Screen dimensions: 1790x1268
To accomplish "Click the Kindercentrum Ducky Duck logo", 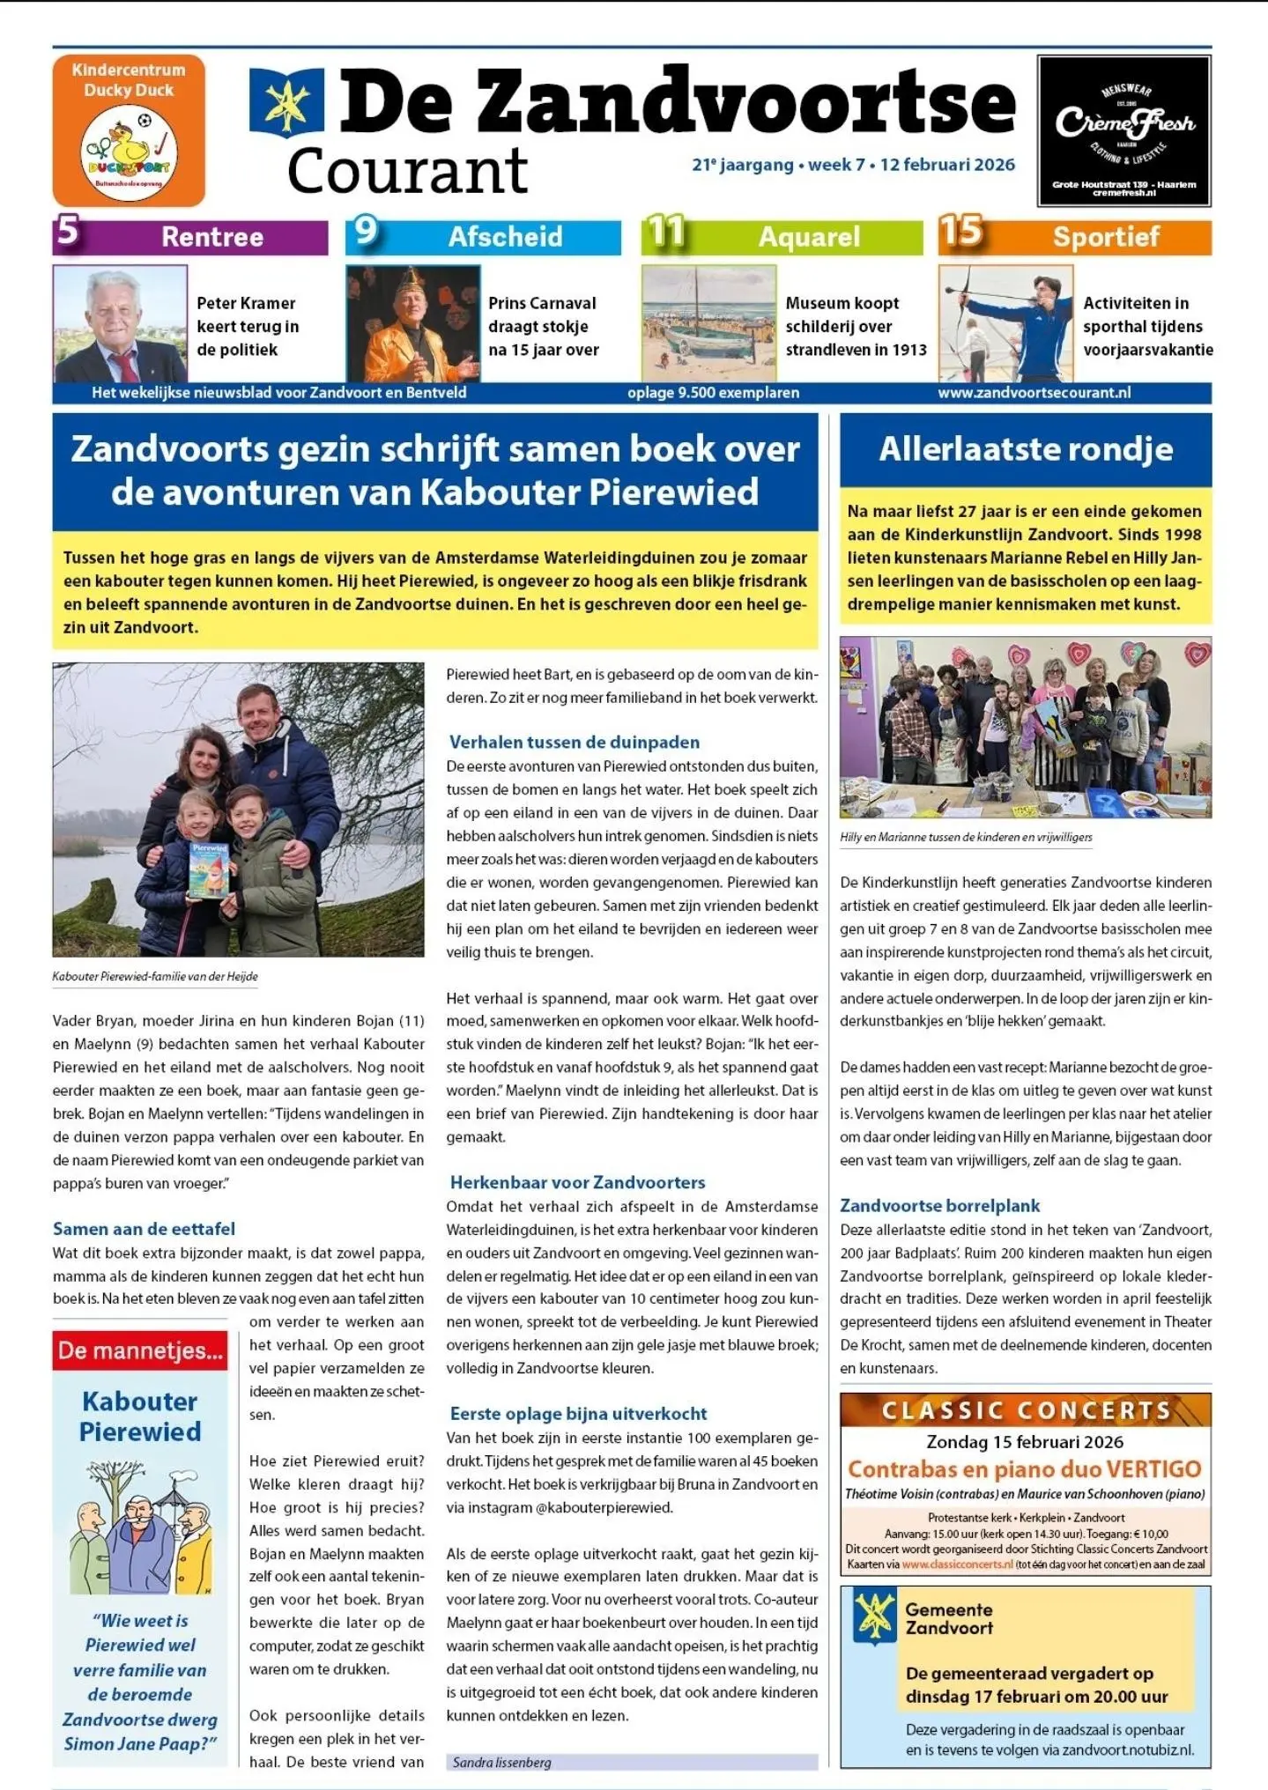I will (129, 130).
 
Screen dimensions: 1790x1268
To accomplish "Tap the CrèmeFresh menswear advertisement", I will (1124, 130).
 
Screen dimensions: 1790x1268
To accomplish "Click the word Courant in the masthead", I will (407, 171).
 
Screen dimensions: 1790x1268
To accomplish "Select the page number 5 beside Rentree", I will (68, 233).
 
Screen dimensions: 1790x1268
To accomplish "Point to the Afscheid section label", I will (505, 237).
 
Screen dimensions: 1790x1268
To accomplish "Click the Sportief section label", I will (1106, 237).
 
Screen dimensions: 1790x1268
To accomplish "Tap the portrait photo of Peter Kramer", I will (120, 323).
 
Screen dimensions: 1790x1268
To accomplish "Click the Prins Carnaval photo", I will (412, 323).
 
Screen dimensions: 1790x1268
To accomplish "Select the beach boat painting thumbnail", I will (708, 323).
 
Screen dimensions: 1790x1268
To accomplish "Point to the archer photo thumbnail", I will (1005, 323).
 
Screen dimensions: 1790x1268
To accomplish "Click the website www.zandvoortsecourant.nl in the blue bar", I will (1034, 393).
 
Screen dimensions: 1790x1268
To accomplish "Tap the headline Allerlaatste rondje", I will (1026, 449).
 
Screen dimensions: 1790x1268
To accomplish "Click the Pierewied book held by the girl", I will (210, 870).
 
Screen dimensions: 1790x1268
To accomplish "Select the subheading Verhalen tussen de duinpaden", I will (575, 742).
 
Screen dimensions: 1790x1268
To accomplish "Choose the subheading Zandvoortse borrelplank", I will (939, 1205).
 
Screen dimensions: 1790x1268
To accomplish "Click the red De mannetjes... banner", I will (140, 1350).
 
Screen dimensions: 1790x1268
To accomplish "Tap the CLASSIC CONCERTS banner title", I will (1026, 1411).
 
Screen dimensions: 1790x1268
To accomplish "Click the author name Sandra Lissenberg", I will (501, 1763).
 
